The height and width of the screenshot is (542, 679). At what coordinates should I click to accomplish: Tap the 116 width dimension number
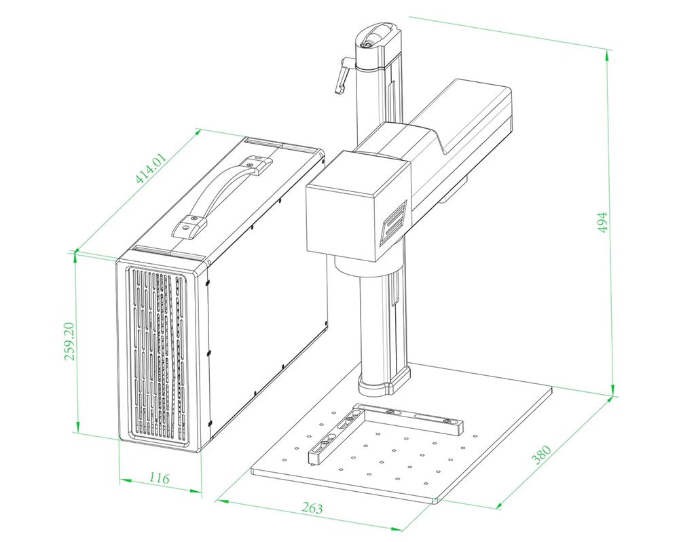coord(158,478)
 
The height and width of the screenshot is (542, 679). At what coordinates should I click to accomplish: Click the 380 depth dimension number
coord(542,454)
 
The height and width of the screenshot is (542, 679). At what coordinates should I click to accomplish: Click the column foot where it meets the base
coord(384,385)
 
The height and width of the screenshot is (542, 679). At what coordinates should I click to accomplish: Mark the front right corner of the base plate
coord(435,501)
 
